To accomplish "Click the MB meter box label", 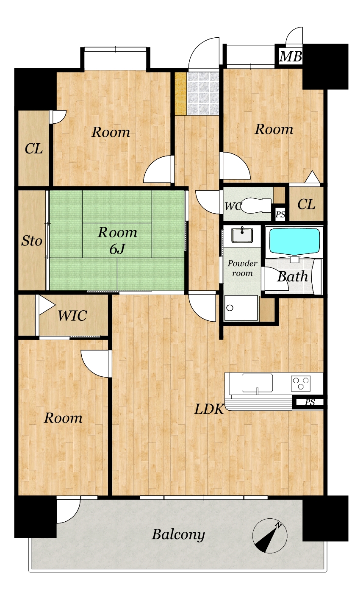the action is pyautogui.click(x=291, y=56).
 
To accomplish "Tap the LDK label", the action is pyautogui.click(x=209, y=409).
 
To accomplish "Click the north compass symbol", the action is pyautogui.click(x=270, y=535).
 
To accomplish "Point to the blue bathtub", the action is pyautogui.click(x=294, y=241).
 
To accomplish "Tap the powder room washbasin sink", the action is pyautogui.click(x=242, y=235).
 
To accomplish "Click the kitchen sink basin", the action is pyautogui.click(x=257, y=383).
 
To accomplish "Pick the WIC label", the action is pyautogui.click(x=72, y=316).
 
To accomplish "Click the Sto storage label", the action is pyautogui.click(x=32, y=241).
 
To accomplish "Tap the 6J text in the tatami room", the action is pyautogui.click(x=117, y=249).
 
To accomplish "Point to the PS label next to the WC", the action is pyautogui.click(x=280, y=214).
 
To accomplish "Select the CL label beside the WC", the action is pyautogui.click(x=306, y=205).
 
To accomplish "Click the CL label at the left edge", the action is pyautogui.click(x=33, y=149).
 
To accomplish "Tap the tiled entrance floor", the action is pyautogui.click(x=203, y=94).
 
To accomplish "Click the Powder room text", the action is pyautogui.click(x=242, y=268).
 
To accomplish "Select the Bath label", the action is pyautogui.click(x=293, y=277).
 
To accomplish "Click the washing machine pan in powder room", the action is pyautogui.click(x=241, y=308).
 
